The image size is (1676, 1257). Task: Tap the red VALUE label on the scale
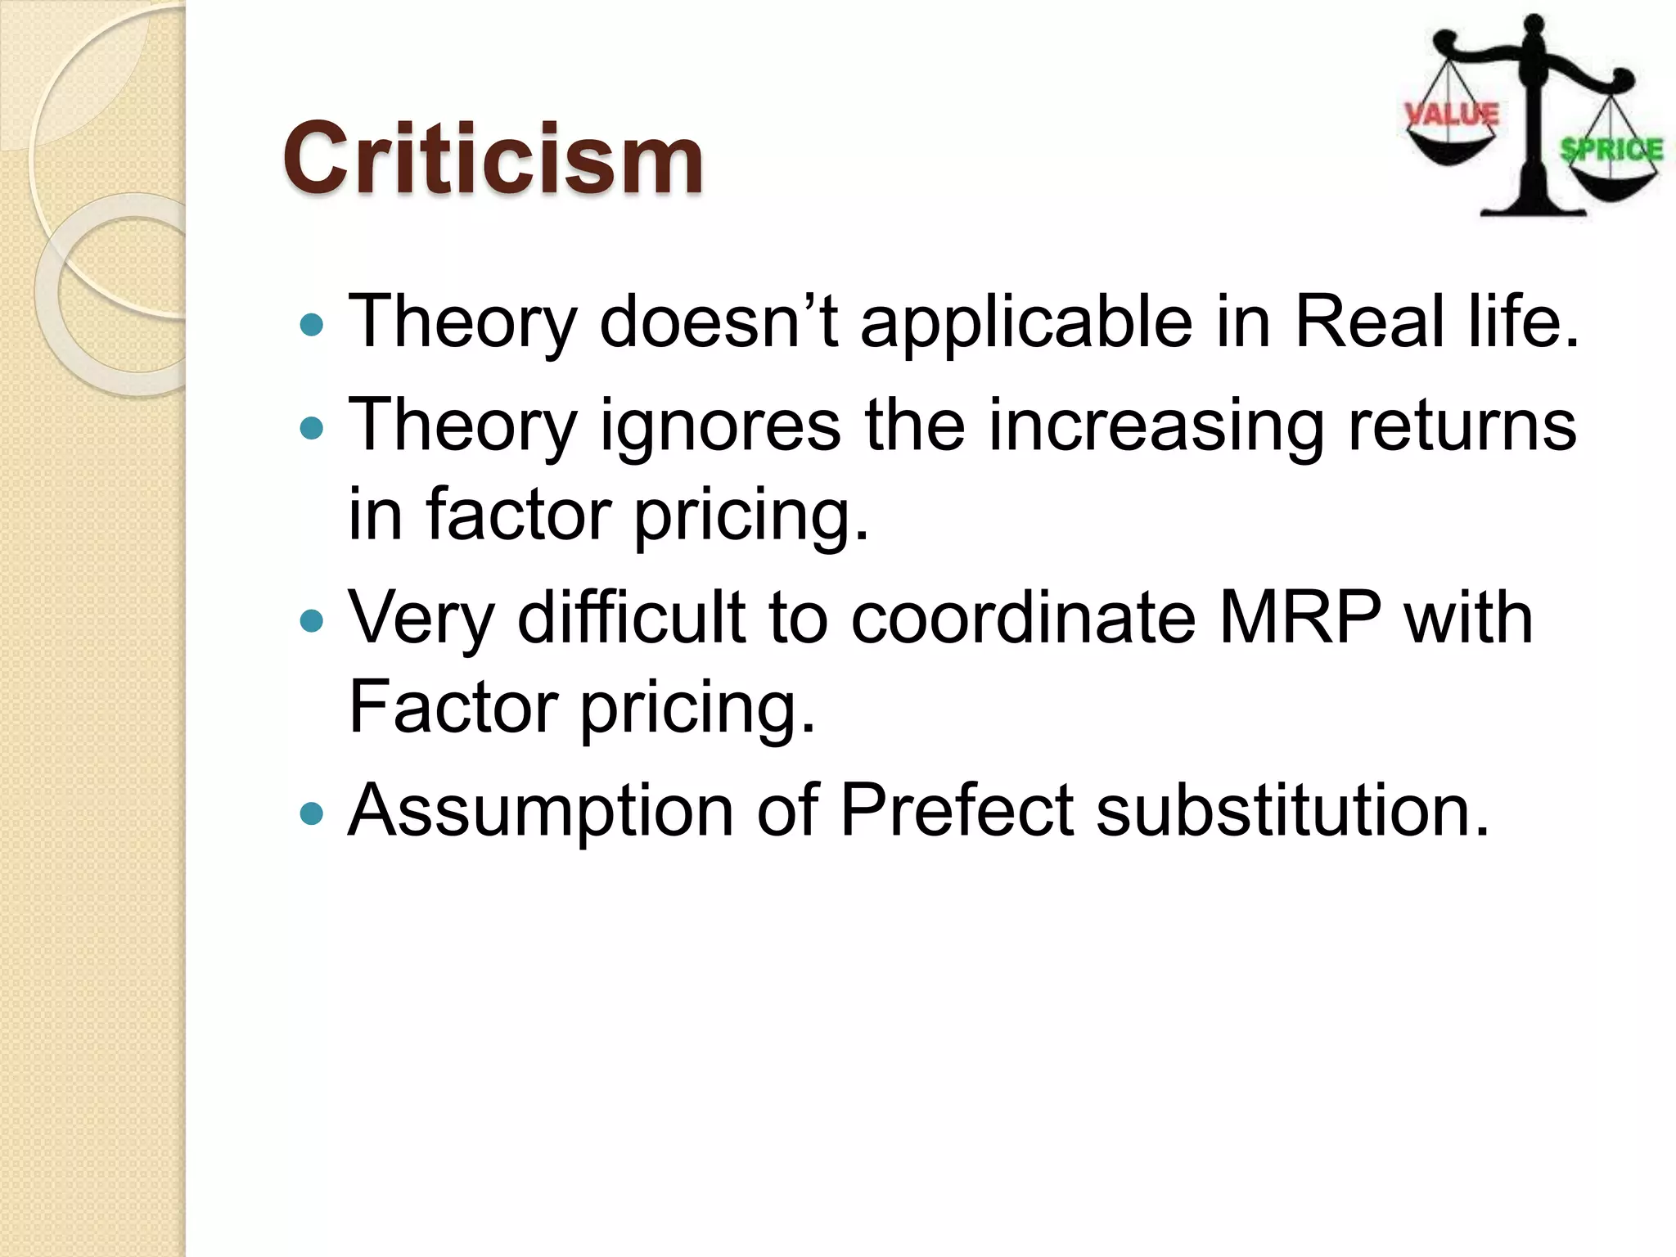tap(1451, 115)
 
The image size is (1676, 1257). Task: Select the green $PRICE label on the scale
tap(1611, 150)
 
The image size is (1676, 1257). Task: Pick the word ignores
tap(720, 426)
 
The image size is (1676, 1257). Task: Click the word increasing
tap(1156, 426)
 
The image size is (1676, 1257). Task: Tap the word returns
tap(1462, 426)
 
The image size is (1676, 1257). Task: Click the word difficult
tap(631, 617)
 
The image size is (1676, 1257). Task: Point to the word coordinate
tap(1023, 617)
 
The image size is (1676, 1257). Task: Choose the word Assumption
tap(541, 812)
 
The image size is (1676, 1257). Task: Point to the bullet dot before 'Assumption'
tap(312, 814)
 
